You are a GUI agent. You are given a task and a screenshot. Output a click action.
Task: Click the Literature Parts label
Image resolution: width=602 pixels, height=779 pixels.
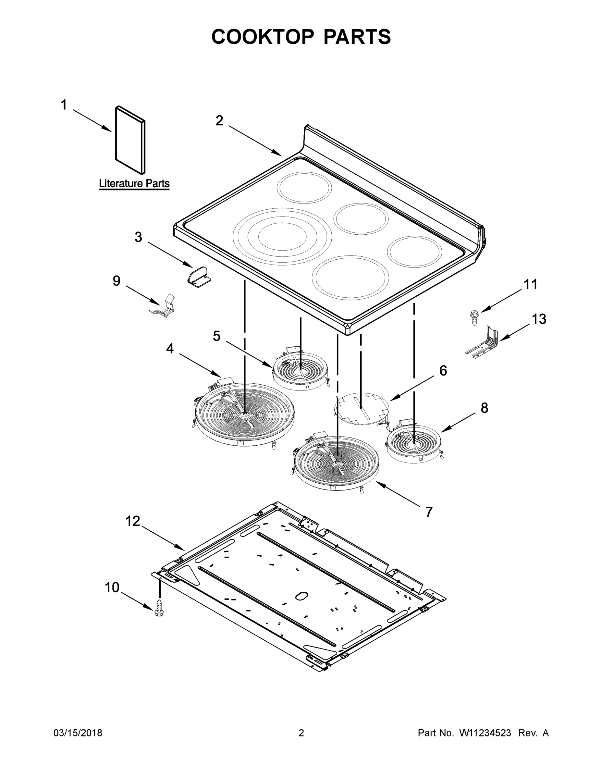pyautogui.click(x=134, y=184)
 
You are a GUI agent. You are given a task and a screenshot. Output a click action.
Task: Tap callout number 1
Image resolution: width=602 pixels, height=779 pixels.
pyautogui.click(x=64, y=105)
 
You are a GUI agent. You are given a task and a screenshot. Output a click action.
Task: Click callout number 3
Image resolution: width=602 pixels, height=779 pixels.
pyautogui.click(x=138, y=237)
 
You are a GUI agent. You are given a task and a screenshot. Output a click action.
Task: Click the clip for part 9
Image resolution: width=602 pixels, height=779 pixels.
pyautogui.click(x=164, y=307)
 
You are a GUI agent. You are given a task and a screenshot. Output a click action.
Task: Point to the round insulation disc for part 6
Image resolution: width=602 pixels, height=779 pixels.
pyautogui.click(x=362, y=408)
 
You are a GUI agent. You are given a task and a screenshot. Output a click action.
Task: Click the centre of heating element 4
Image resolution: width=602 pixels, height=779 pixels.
pyautogui.click(x=245, y=414)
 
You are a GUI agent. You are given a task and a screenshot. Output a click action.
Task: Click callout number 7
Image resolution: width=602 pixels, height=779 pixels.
pyautogui.click(x=429, y=512)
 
